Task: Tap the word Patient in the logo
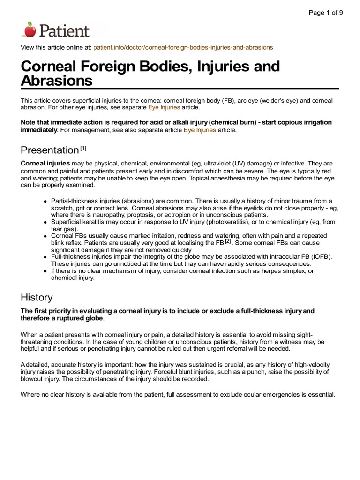click(64, 31)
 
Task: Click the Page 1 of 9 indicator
click(326, 13)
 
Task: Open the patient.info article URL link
click(183, 48)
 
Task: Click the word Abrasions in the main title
click(57, 81)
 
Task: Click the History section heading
click(37, 297)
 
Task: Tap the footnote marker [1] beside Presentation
click(83, 148)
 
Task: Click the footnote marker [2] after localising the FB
click(228, 241)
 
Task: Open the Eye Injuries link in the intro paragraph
click(164, 107)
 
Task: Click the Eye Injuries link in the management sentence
click(200, 130)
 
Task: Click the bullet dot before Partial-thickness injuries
click(45, 201)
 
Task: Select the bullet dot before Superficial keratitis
click(45, 221)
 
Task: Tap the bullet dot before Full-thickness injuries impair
click(45, 257)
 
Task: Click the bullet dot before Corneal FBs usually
click(45, 236)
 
